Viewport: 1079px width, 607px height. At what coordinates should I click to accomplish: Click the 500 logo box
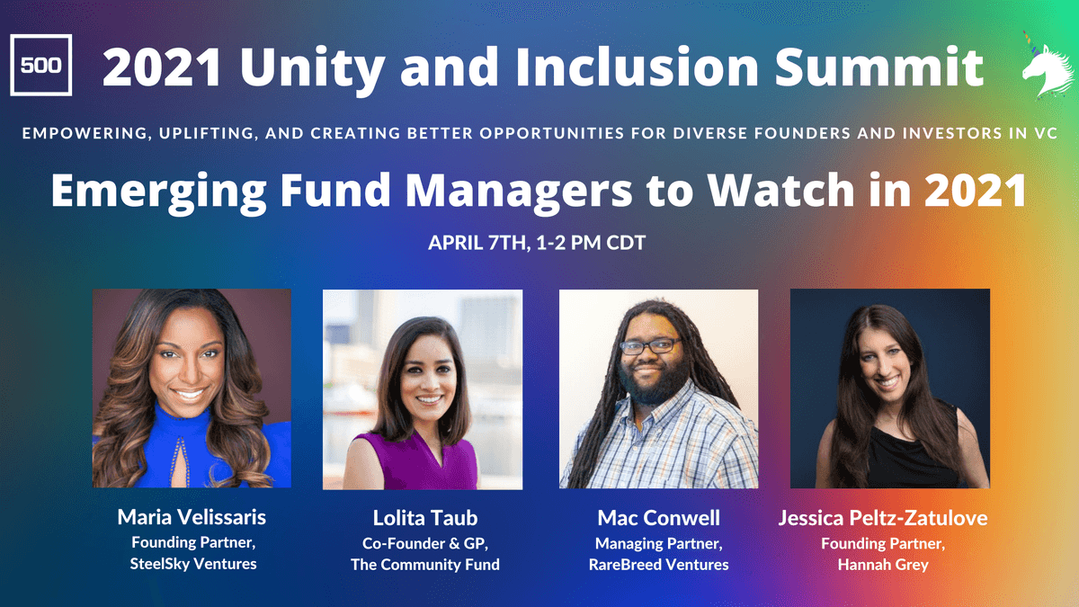(x=41, y=65)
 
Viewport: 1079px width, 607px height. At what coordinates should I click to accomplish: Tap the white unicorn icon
(x=1047, y=67)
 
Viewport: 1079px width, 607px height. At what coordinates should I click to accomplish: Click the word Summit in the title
(x=878, y=67)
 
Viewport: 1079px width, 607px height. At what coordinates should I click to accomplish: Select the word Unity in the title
(x=315, y=69)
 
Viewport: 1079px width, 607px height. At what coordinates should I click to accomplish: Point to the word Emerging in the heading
(x=159, y=192)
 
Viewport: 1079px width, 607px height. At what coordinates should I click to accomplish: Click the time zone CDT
(x=626, y=242)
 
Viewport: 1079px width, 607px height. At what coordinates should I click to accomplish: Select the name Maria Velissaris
(x=192, y=517)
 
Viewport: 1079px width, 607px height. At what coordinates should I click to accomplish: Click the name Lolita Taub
(x=424, y=518)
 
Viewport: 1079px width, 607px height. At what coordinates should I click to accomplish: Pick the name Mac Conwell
(x=658, y=518)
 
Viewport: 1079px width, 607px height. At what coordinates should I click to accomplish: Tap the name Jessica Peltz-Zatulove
(x=883, y=518)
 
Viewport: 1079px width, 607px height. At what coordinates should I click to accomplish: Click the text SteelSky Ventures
(x=193, y=564)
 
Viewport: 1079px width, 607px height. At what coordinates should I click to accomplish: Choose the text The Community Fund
(x=424, y=565)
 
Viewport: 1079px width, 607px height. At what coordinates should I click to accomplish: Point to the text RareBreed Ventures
(x=658, y=564)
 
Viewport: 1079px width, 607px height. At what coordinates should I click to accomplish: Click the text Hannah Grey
(x=883, y=565)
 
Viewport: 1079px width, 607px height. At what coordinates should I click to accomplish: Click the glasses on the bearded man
(x=650, y=345)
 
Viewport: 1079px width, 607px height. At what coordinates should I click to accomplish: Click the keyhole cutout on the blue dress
(x=180, y=461)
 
